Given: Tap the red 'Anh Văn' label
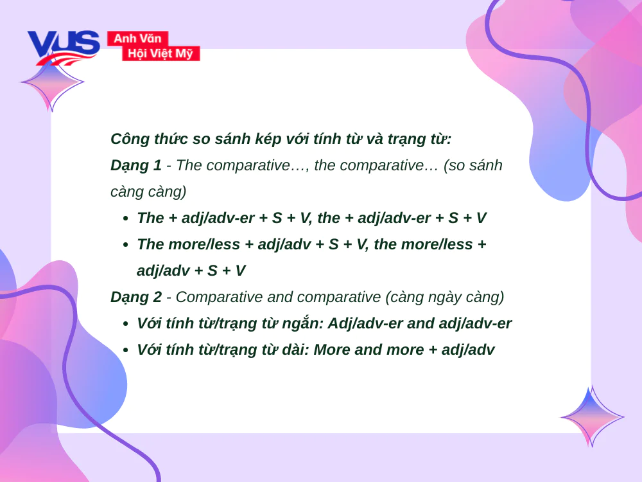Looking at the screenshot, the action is pos(137,39).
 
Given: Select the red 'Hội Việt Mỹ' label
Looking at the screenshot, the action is pos(160,53).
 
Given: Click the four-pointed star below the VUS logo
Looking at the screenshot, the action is pos(52,82).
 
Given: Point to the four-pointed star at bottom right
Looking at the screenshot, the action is pos(592,416).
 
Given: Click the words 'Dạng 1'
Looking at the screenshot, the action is pos(136,166).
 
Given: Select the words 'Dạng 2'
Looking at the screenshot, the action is pos(136,297).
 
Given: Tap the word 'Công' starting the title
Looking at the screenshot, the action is pos(130,139).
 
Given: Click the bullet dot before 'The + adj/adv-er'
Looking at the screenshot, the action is pos(126,219).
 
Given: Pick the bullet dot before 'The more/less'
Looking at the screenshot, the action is pos(126,245).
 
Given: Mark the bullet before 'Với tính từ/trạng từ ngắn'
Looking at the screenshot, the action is pos(126,324).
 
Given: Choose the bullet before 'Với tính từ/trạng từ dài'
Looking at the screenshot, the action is pos(126,350).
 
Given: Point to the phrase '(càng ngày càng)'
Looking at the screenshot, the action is pos(445,298).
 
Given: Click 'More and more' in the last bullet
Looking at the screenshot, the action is pos(369,350).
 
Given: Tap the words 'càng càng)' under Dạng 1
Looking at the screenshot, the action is pos(148,192).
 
